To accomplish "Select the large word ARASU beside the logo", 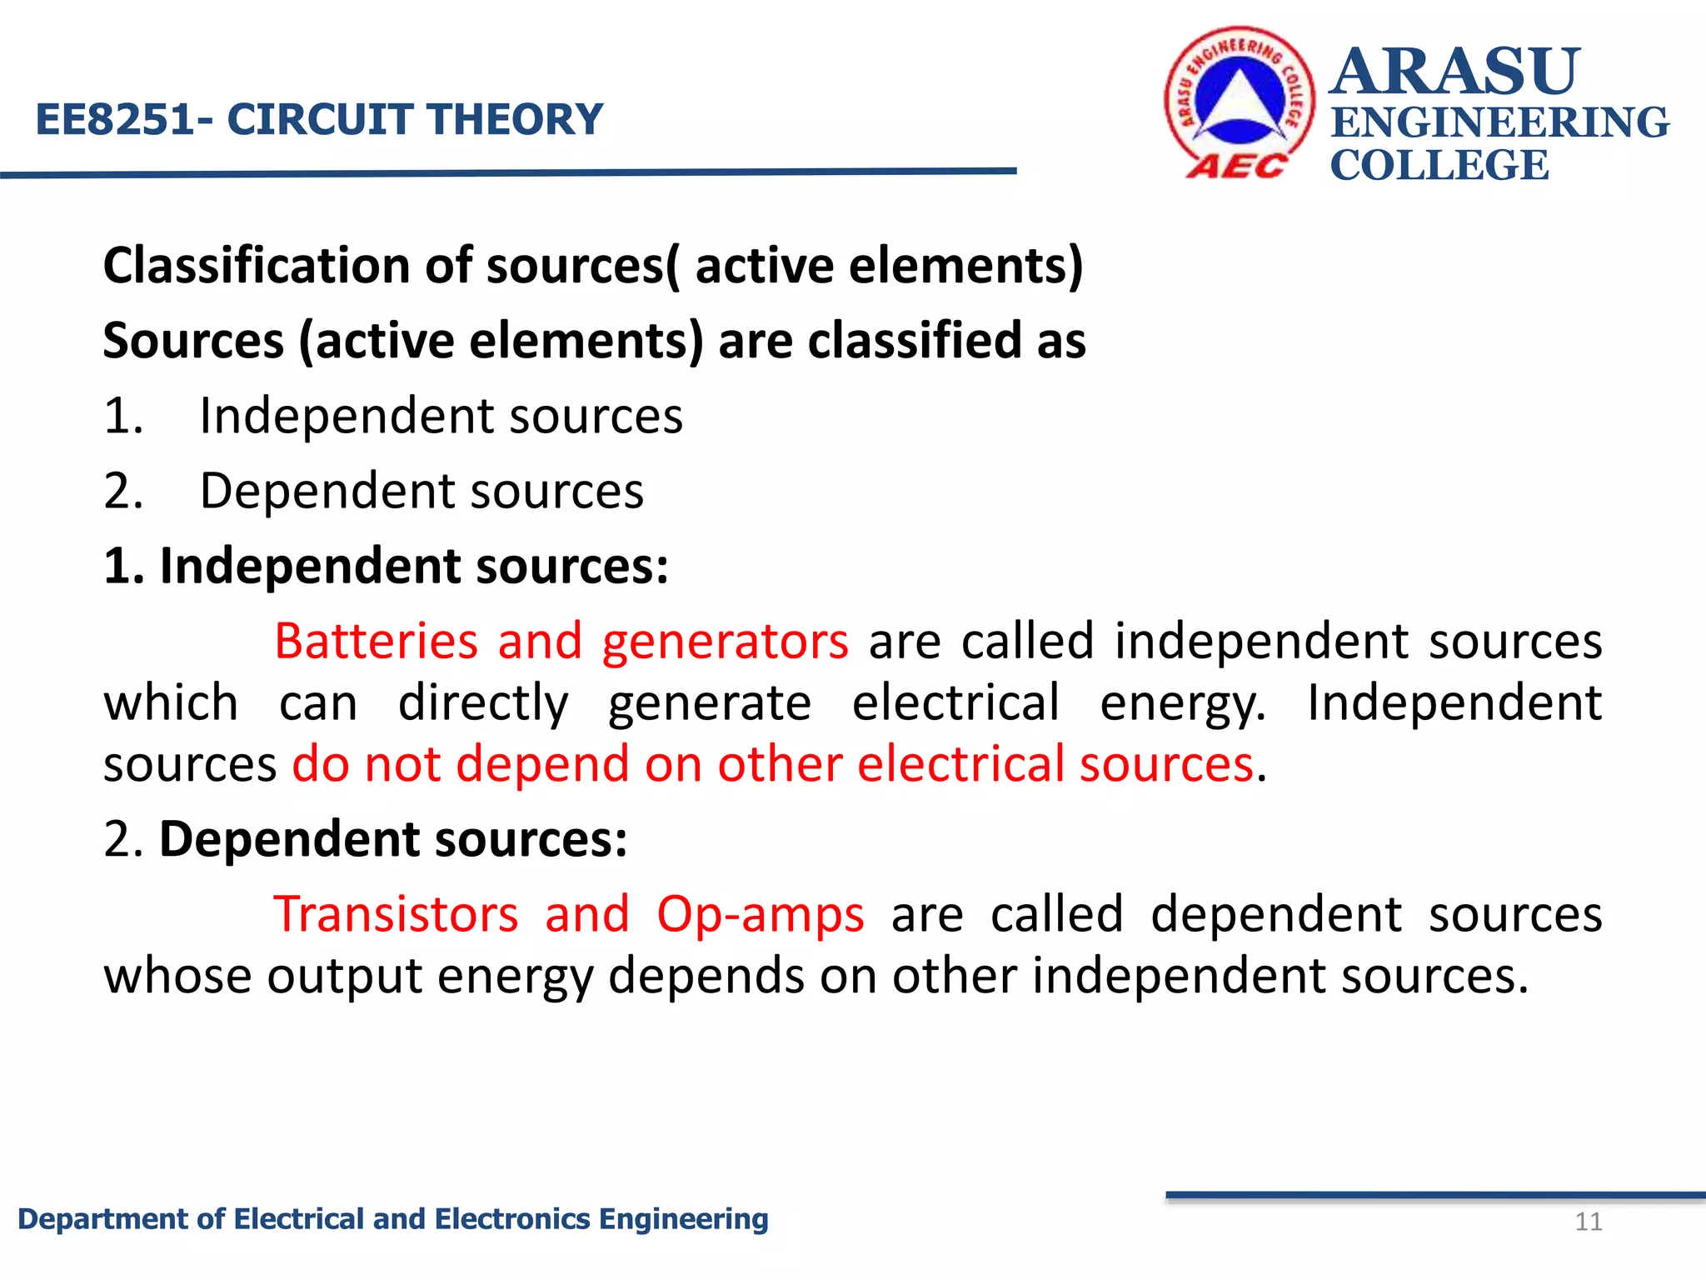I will tap(1454, 72).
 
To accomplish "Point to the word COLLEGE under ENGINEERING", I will tap(1439, 165).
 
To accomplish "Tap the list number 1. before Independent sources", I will tap(123, 416).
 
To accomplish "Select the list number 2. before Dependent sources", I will tap(123, 491).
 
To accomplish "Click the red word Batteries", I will tap(376, 642).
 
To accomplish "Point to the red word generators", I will tap(725, 642).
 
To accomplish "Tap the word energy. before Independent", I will tap(1182, 703).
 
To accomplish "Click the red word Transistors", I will tap(396, 914).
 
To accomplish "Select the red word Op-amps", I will tap(760, 914).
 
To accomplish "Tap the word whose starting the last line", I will tap(177, 976).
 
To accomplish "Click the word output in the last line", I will tap(345, 976).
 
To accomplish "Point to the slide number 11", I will tap(1589, 1222).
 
